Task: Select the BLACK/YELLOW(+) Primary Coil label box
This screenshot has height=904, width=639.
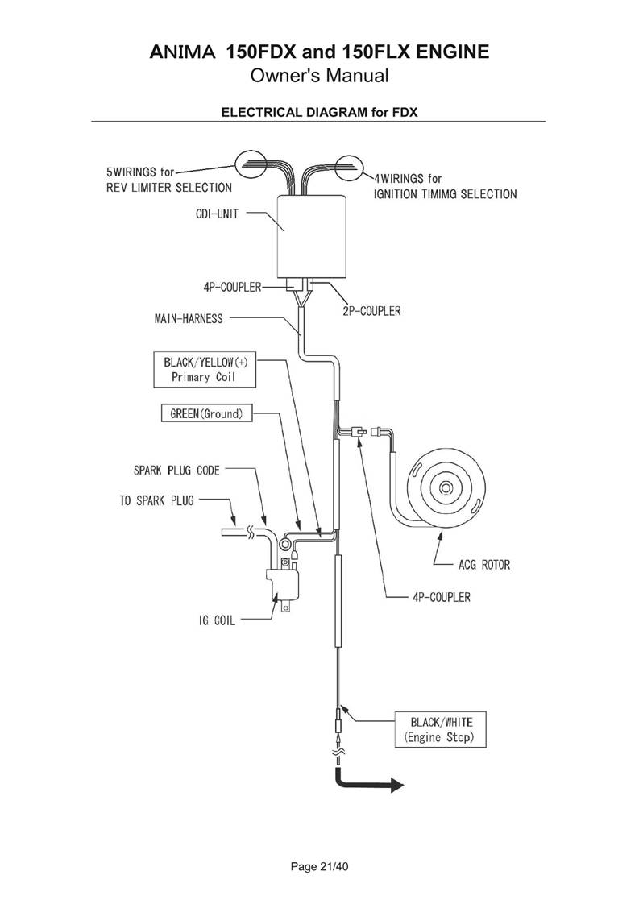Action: coord(204,370)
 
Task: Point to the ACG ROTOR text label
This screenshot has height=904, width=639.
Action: coord(484,565)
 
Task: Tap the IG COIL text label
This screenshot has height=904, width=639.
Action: coord(216,621)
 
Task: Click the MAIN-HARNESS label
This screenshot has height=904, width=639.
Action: coord(189,318)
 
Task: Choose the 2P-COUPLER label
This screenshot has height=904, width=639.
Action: coord(371,310)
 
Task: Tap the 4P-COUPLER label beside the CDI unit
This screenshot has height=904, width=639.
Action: coord(232,288)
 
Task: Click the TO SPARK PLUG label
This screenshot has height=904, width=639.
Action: coord(156,500)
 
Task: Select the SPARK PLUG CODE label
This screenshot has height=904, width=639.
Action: coord(176,469)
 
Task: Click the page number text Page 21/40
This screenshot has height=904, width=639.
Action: coord(319,868)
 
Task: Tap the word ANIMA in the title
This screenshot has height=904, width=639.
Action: coord(183,53)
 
